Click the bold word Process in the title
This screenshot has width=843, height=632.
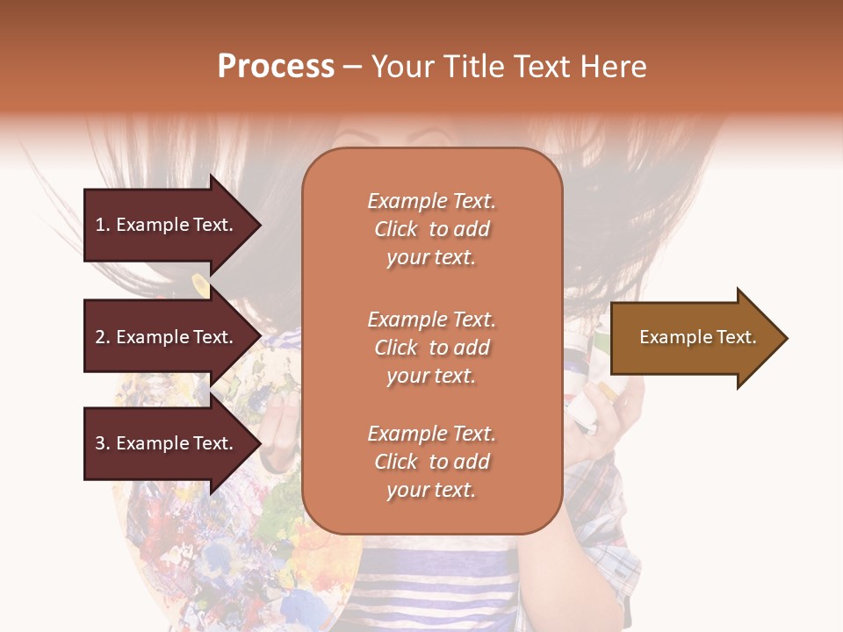(x=276, y=67)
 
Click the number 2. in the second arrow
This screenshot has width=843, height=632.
(x=103, y=337)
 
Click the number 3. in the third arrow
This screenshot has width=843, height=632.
(x=103, y=443)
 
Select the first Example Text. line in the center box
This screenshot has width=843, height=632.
(x=431, y=201)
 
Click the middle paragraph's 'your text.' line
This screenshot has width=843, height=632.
(x=431, y=376)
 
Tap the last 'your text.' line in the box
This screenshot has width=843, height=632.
(x=431, y=490)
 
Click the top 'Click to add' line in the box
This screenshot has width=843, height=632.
(x=431, y=229)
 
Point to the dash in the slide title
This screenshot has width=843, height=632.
(x=352, y=68)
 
